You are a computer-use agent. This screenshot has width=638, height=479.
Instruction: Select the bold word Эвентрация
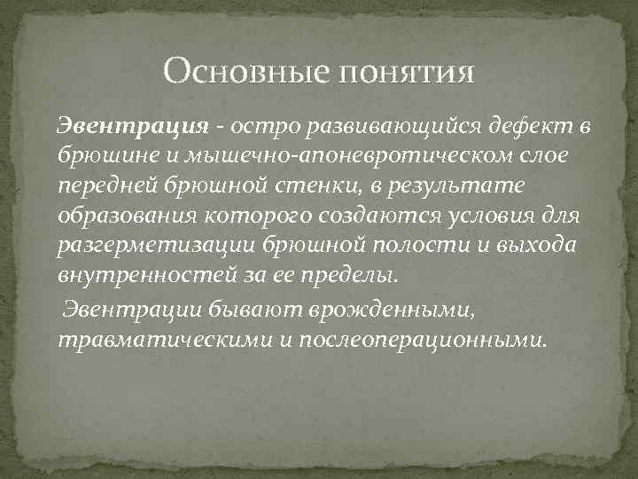pyautogui.click(x=133, y=127)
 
